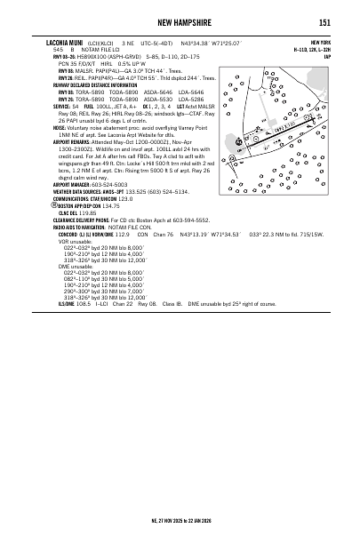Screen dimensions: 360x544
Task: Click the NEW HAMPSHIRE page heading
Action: [180, 22]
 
